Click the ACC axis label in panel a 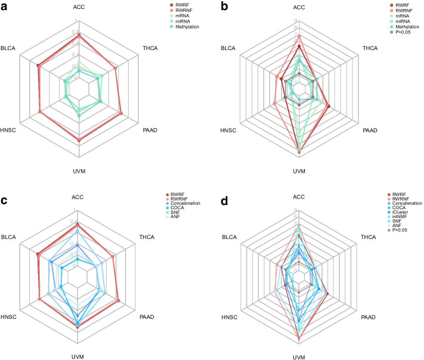[x=79, y=8]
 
